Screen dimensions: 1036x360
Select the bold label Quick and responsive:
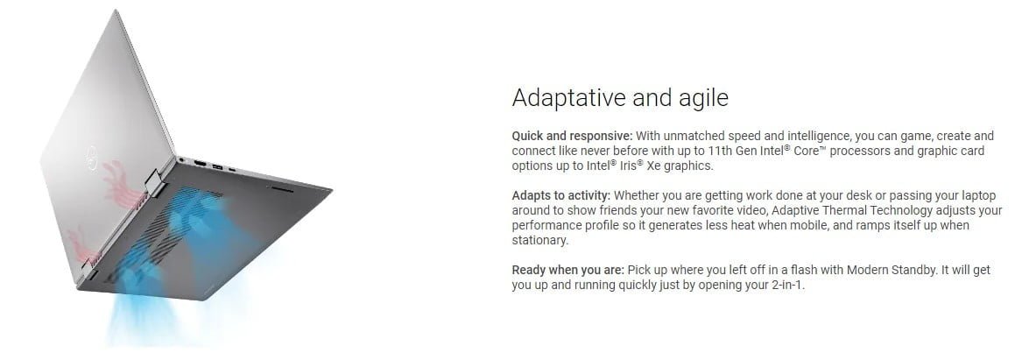(x=572, y=136)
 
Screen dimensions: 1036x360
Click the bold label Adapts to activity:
(x=561, y=195)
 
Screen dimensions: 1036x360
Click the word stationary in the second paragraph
(x=539, y=241)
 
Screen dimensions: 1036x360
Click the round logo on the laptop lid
(x=90, y=157)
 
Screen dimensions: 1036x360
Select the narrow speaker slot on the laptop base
(x=281, y=189)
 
